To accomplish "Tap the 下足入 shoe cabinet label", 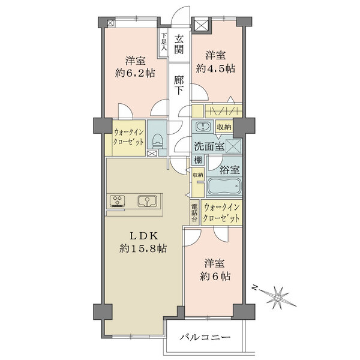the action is pos(164,42).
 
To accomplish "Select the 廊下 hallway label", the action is pos(178,85).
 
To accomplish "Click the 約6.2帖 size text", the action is pos(135,73).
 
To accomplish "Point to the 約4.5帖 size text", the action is pos(215,68).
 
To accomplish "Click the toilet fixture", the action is pos(157,141).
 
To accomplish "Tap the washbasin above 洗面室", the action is pos(203,127).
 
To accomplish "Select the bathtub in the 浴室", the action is pos(224,186).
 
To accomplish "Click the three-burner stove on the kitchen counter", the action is pos(117,201).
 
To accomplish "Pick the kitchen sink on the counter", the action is pos(147,201).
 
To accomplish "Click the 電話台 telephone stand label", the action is pos(194,212).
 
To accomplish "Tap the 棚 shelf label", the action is pos(198,160).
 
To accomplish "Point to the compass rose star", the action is pos(278,298).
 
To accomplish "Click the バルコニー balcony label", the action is pos(205,337).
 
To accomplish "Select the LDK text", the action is pos(143,236).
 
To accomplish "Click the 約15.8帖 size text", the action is pos(143,248).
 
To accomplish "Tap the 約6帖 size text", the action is pos(215,276).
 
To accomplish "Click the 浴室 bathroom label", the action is pos(230,170).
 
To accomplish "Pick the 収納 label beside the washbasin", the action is pos(224,127).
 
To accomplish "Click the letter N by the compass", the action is pos(254,287).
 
